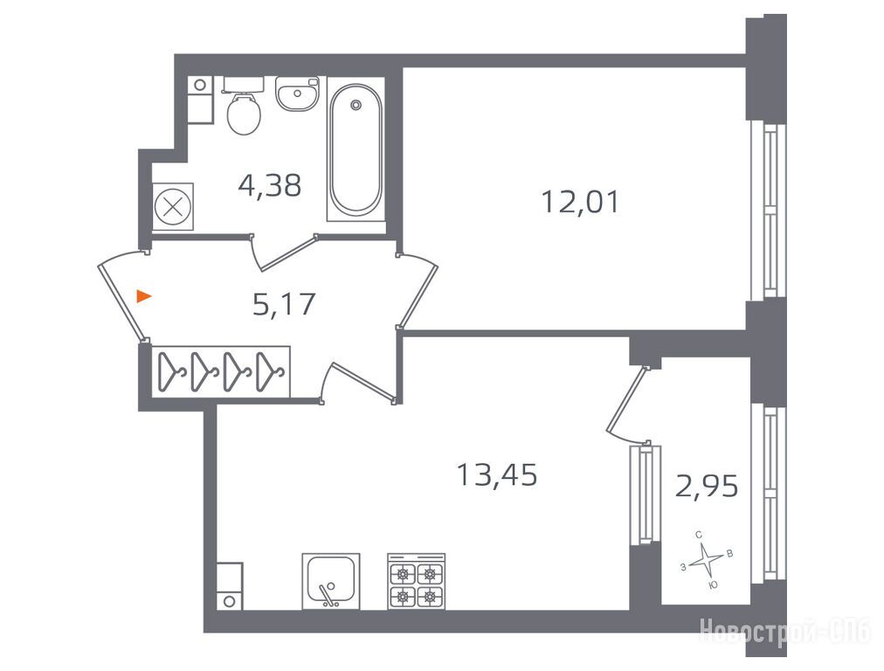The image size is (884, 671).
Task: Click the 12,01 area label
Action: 580,202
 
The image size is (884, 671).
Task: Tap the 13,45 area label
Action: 497,474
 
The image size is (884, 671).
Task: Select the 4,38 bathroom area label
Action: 270,185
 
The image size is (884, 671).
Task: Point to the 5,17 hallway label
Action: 284,304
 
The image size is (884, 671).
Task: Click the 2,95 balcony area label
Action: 707,486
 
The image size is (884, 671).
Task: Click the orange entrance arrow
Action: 144,295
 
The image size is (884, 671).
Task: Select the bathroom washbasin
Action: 297,93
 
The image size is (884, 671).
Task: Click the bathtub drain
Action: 356,104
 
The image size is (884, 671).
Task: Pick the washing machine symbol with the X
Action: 173,207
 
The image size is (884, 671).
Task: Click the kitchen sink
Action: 331,581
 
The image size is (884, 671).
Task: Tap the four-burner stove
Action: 416,581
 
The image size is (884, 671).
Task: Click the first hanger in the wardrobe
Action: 169,371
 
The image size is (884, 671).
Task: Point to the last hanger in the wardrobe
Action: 270,371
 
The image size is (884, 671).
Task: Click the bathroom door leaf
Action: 288,252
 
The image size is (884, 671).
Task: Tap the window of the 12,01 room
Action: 767,211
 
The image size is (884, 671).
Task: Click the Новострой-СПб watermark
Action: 786,631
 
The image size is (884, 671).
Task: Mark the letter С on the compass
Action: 699,534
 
